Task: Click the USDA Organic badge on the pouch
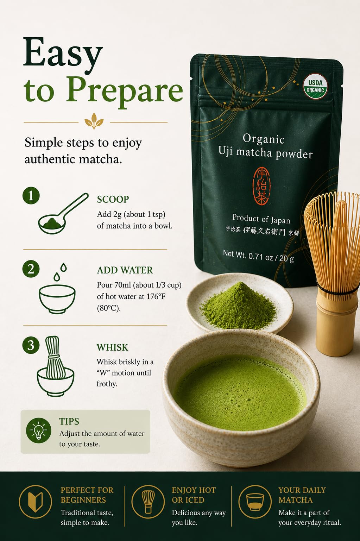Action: [x=315, y=87]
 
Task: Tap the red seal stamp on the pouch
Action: [x=261, y=185]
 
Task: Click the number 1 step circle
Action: [x=31, y=196]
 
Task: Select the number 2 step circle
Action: [x=31, y=269]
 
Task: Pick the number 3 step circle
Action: [x=31, y=345]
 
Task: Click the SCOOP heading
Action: [x=113, y=200]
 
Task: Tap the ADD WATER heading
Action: [x=125, y=270]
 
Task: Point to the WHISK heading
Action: [x=112, y=347]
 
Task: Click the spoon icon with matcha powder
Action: [x=63, y=214]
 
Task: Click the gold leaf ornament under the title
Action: [x=94, y=121]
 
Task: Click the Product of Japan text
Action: [x=261, y=219]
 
